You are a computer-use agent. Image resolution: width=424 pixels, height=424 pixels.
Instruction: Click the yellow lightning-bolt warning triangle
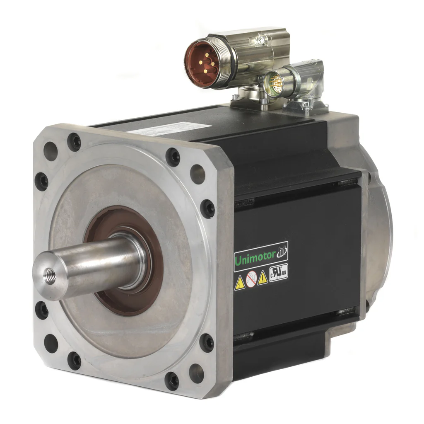240,283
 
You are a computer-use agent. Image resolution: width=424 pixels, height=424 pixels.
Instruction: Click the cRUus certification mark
278,274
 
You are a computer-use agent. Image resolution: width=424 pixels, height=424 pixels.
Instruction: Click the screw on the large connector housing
260,40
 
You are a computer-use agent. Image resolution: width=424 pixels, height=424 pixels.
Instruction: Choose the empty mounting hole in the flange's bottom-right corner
196,373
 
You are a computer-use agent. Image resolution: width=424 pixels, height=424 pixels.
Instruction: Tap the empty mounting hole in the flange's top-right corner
198,174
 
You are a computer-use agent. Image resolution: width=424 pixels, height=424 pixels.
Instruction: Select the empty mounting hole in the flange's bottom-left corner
51,343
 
